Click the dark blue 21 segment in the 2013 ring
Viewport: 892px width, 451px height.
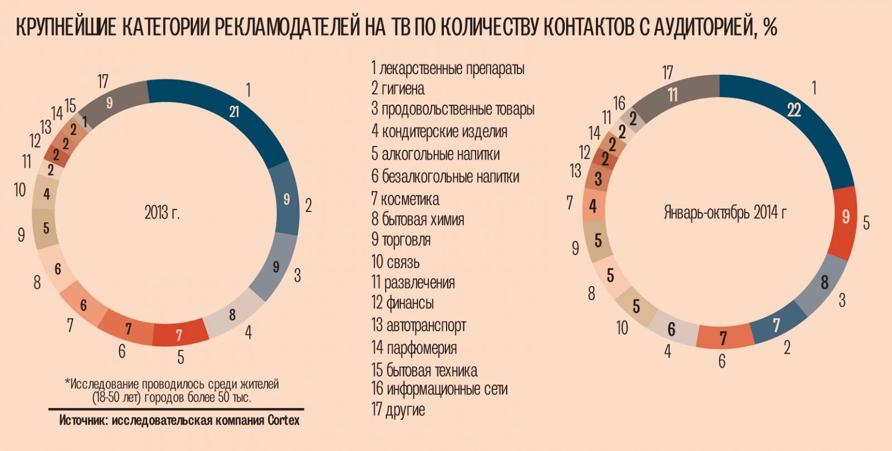pos(234,111)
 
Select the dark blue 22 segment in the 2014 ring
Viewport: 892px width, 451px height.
pos(794,110)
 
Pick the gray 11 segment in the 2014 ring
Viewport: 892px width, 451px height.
pos(673,95)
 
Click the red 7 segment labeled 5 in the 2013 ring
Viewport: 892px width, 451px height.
pos(179,335)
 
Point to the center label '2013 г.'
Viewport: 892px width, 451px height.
pos(162,213)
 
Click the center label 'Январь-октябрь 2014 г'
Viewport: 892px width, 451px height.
pos(725,212)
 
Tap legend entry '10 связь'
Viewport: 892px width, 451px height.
pos(395,262)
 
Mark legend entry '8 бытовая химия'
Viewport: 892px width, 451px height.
pos(418,219)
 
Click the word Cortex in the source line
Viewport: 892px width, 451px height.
pos(283,420)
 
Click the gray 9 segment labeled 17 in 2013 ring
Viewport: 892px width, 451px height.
pos(110,102)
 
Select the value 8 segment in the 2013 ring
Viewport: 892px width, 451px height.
pos(232,315)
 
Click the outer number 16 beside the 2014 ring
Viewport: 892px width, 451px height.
pos(619,104)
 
